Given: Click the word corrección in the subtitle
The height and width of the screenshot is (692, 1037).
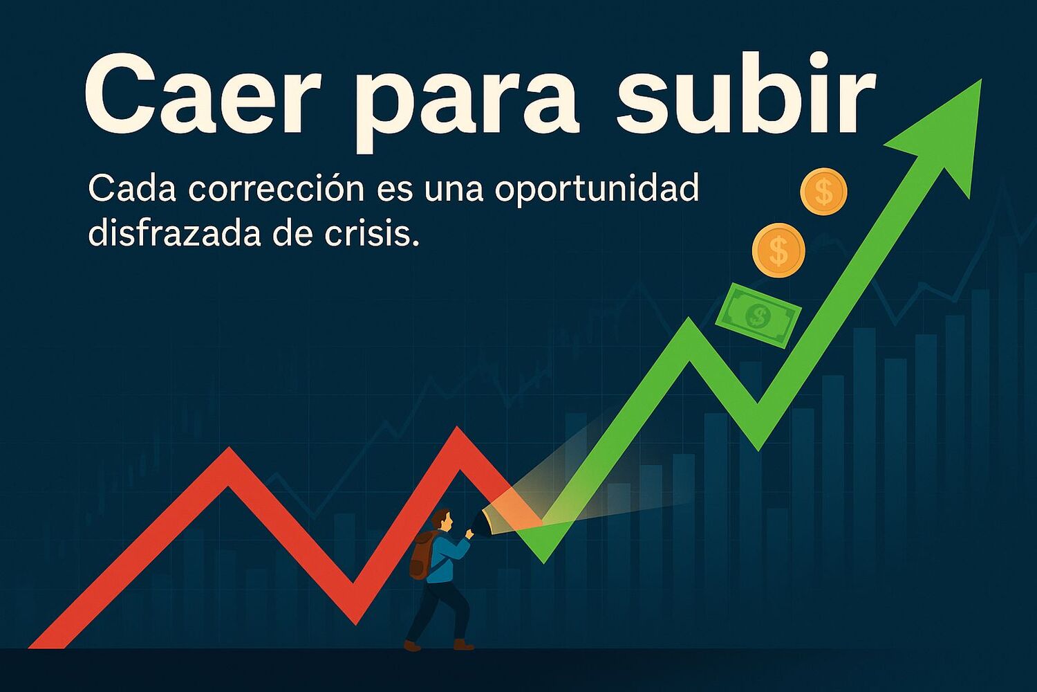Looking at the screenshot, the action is (x=276, y=189).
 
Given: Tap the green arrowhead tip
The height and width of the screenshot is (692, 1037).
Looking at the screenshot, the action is (x=981, y=80).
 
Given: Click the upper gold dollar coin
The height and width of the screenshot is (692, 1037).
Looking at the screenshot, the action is (x=824, y=192).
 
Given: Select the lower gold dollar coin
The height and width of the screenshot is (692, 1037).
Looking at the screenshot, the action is (x=778, y=251).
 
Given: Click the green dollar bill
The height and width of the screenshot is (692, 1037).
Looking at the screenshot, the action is (x=758, y=316).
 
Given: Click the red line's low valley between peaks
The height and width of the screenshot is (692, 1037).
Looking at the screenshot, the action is (x=355, y=623).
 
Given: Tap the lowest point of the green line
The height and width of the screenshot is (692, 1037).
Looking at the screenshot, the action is (x=544, y=562).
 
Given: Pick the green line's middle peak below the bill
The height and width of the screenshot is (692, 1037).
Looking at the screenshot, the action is (x=689, y=319).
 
